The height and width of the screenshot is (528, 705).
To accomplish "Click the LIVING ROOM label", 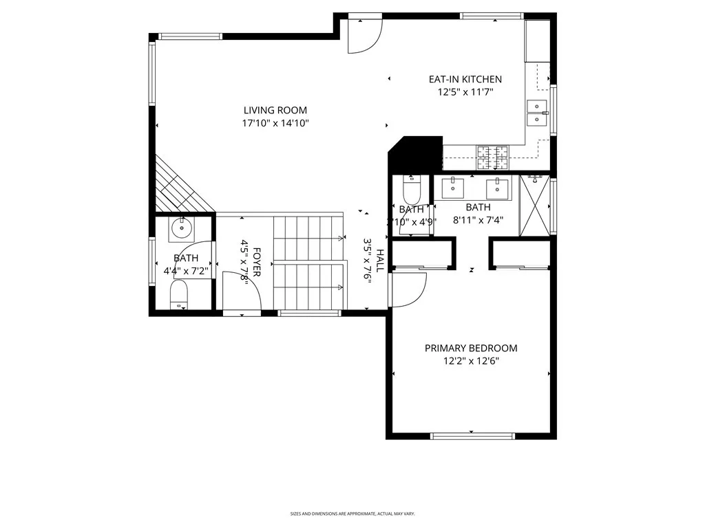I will pos(275,110).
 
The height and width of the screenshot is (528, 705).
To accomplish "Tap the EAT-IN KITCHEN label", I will pos(465,79).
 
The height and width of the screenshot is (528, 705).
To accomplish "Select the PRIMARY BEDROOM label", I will pos(470,348).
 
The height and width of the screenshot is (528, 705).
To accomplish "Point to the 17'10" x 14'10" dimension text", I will pos(275,124).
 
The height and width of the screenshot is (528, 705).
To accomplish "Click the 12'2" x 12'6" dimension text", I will pos(470,361).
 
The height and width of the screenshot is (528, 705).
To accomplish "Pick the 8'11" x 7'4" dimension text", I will pos(478,221).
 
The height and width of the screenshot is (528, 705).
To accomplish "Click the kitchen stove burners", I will pos(492,158).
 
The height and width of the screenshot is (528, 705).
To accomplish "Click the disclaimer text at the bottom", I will pos(352,514).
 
